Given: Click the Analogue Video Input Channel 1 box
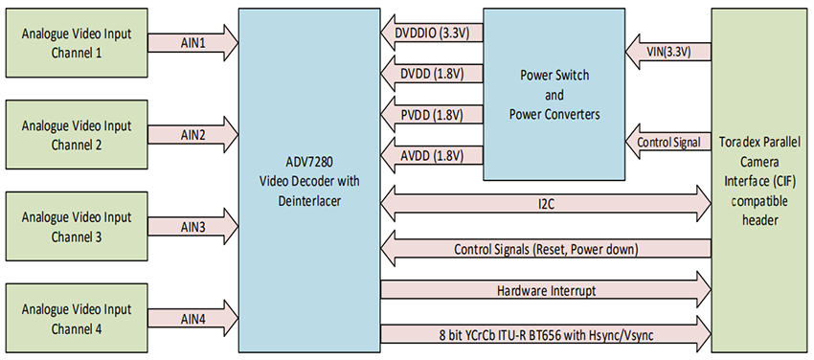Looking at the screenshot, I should [x=76, y=42].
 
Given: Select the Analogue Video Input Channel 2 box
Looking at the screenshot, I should [x=76, y=134].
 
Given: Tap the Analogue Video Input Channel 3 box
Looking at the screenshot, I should [x=76, y=226].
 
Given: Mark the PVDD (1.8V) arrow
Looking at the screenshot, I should [x=430, y=115].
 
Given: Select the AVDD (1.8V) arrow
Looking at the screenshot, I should [x=430, y=155].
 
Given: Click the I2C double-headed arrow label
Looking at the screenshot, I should [x=545, y=204].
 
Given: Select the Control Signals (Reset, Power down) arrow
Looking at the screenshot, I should [x=545, y=249].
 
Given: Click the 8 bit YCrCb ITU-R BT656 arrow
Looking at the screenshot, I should [x=545, y=333].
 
